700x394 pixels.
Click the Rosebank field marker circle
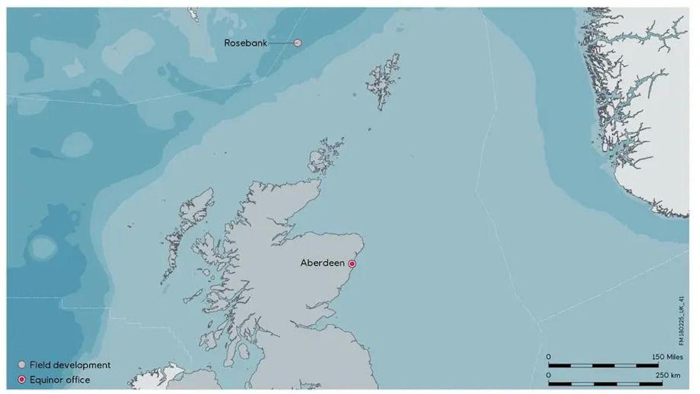[297, 43]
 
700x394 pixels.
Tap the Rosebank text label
[246, 43]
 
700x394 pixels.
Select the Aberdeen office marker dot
[352, 263]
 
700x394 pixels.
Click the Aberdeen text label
[322, 263]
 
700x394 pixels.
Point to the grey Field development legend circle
[22, 365]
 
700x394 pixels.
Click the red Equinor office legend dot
[22, 380]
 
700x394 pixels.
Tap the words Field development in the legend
[70, 365]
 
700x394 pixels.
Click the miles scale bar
[603, 365]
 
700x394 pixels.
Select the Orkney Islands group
[323, 157]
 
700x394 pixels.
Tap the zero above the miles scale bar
[548, 356]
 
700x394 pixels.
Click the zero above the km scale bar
[548, 375]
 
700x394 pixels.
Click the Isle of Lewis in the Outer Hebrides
[195, 207]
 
